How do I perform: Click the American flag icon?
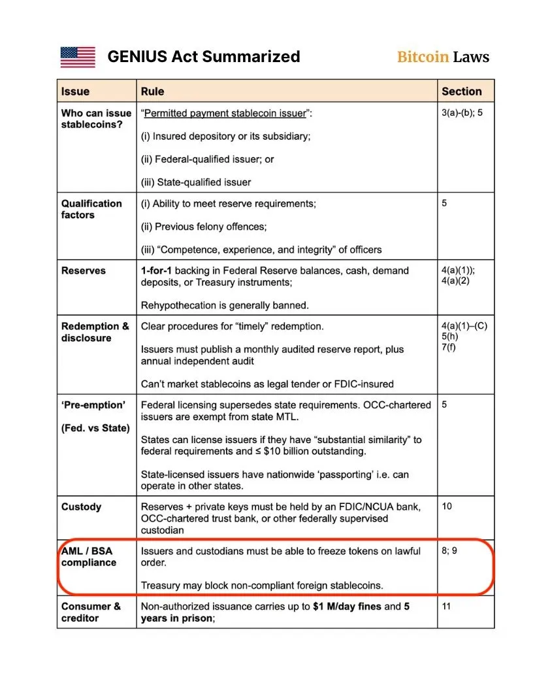click(x=78, y=57)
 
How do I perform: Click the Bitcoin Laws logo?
click(x=443, y=57)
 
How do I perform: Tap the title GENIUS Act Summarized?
click(x=204, y=57)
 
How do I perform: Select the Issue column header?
click(x=75, y=92)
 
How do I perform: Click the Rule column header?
click(x=153, y=92)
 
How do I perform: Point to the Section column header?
click(x=461, y=92)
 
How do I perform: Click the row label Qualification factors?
click(x=91, y=209)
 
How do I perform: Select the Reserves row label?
click(x=83, y=271)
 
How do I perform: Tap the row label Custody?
click(x=81, y=507)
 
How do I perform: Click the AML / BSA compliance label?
click(x=89, y=557)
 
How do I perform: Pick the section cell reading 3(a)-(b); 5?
click(x=462, y=113)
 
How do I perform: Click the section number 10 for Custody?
click(x=447, y=507)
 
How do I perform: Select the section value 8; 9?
click(x=449, y=551)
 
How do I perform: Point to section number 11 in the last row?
click(x=447, y=607)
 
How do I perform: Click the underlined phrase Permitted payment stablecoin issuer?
click(x=225, y=113)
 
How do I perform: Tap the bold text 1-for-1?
click(x=157, y=271)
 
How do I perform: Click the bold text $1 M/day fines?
click(x=347, y=607)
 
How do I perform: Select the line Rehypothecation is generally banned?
click(x=225, y=305)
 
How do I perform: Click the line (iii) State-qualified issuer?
click(x=196, y=182)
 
